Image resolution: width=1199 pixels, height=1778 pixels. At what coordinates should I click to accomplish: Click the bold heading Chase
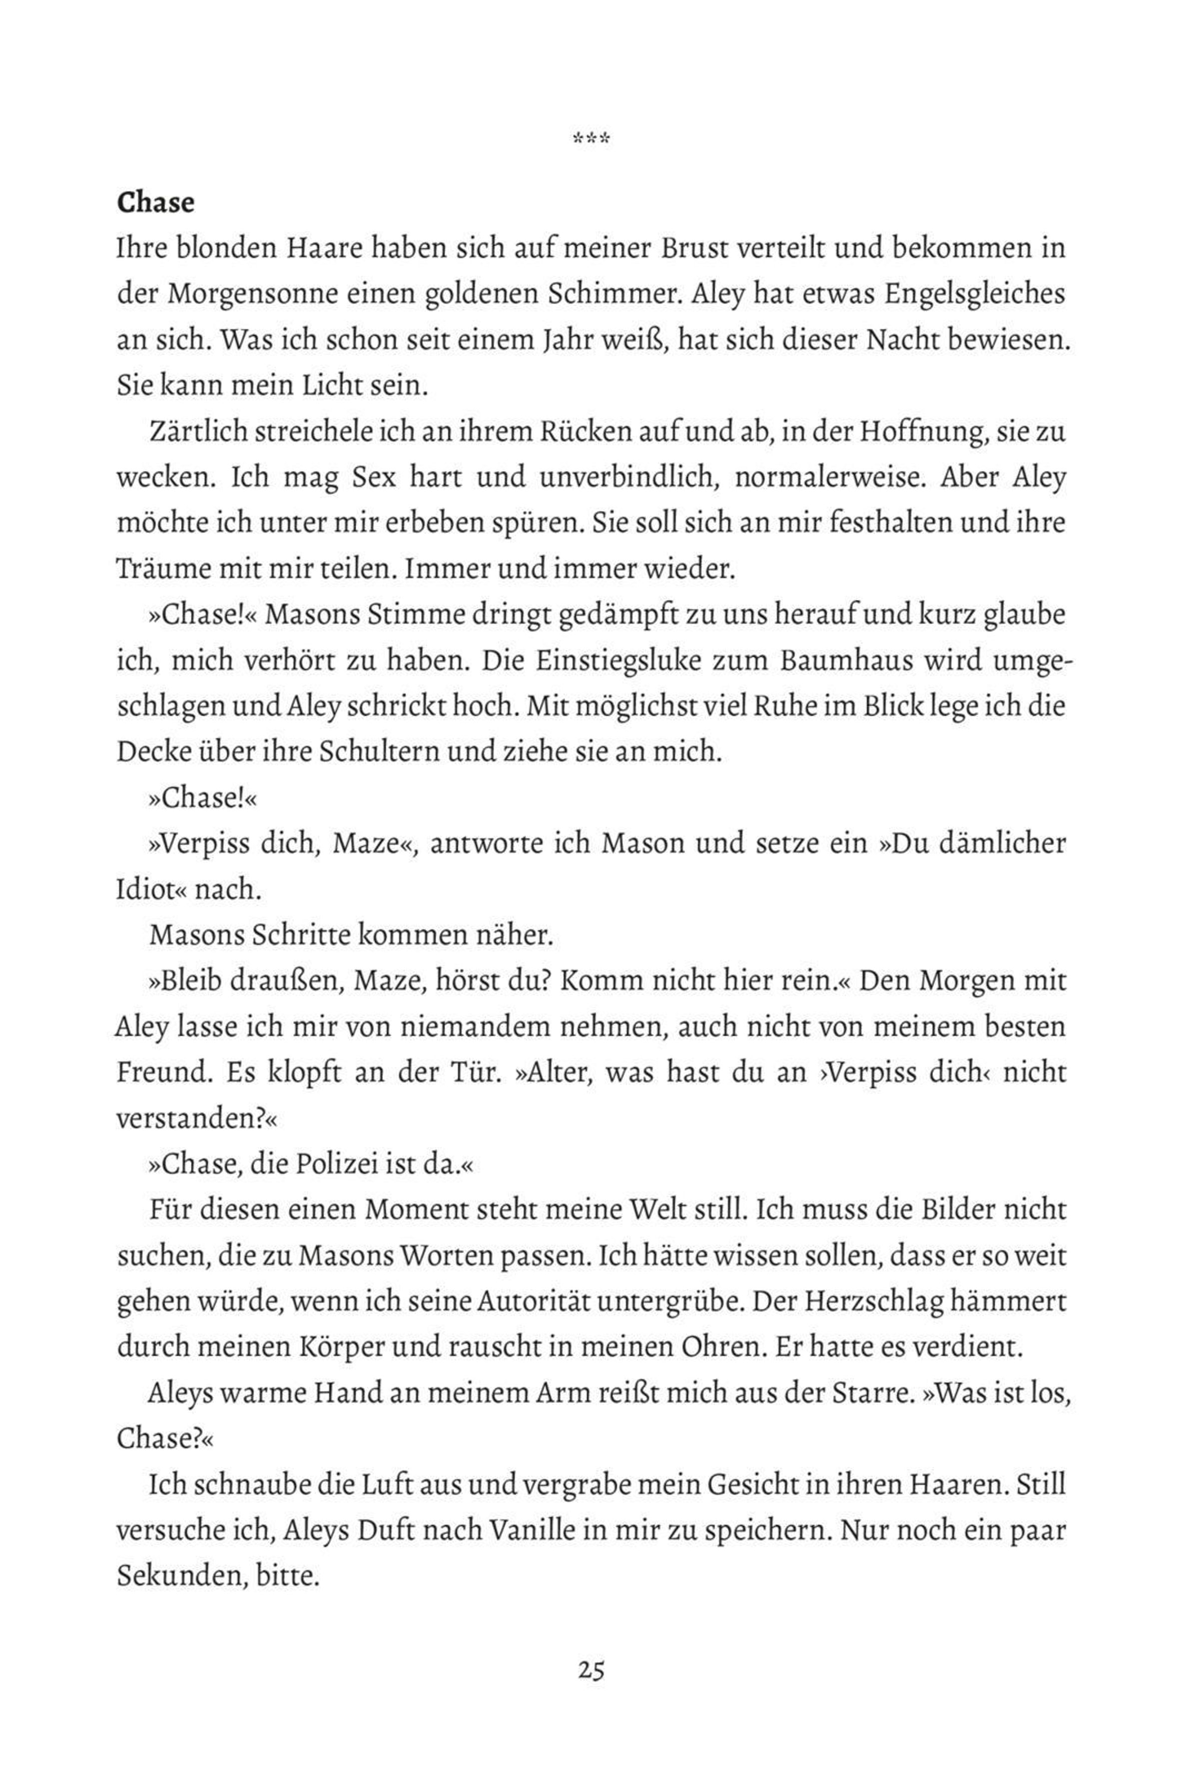156,203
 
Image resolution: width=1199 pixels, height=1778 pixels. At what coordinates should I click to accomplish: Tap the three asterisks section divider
591,139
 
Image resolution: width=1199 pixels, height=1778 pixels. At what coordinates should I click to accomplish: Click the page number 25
591,1670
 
